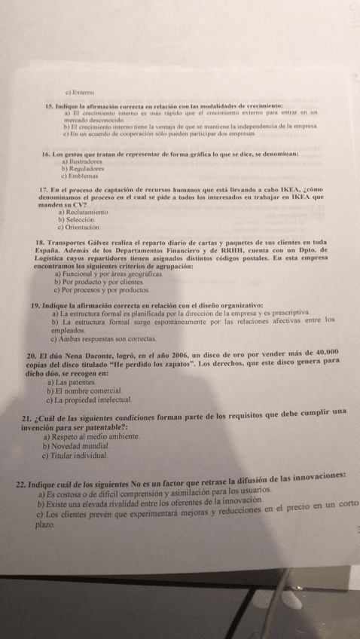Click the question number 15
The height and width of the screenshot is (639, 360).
[50, 109]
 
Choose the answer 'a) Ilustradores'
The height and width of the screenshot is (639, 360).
[83, 161]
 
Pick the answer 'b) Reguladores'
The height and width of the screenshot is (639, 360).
[82, 169]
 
